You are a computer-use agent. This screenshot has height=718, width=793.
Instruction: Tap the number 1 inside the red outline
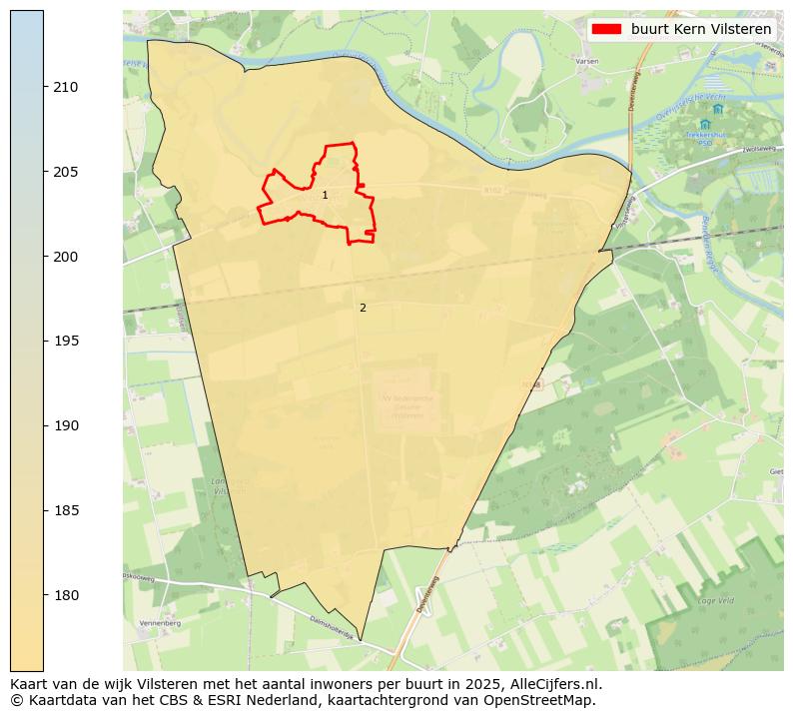[x=325, y=195]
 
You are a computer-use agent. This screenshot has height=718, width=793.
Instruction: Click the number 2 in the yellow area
[x=363, y=308]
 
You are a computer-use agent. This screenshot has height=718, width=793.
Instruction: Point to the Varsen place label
[x=586, y=61]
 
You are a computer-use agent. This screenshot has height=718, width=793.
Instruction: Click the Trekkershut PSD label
[x=705, y=138]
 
